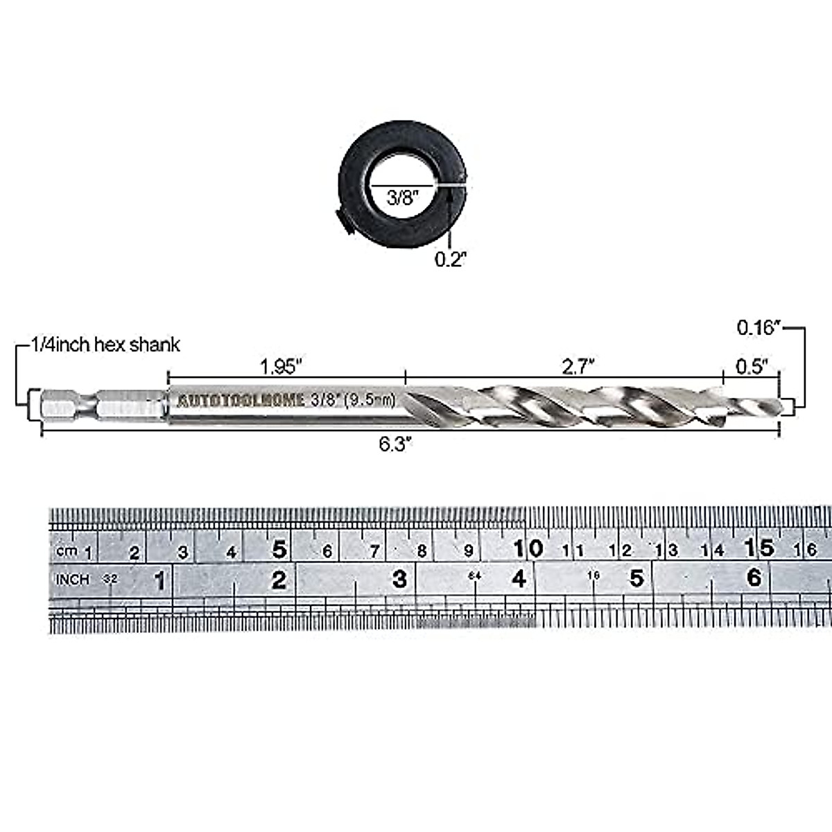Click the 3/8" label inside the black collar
(400, 197)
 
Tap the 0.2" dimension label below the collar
(451, 259)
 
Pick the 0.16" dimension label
(759, 327)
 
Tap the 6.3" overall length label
(396, 444)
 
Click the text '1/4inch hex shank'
(105, 345)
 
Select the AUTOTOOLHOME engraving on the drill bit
(241, 401)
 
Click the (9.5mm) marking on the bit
(372, 399)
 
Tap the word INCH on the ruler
(73, 579)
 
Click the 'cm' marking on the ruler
(67, 551)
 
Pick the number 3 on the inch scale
(399, 578)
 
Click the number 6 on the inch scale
(754, 577)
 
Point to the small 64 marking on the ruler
(474, 575)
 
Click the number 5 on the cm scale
(279, 549)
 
